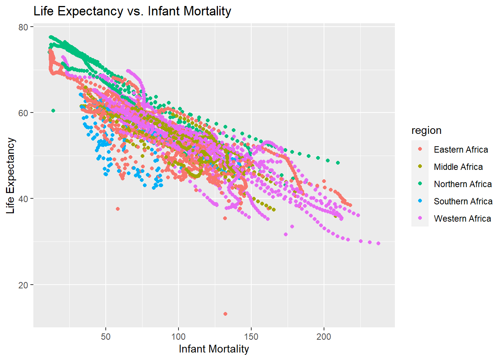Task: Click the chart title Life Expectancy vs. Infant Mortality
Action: click(x=132, y=11)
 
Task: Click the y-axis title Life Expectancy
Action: click(x=10, y=175)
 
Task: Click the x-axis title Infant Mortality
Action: click(x=214, y=349)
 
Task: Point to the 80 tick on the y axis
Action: click(x=23, y=27)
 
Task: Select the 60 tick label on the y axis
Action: click(x=23, y=113)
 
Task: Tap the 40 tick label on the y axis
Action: click(x=23, y=199)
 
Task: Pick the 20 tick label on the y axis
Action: click(x=23, y=285)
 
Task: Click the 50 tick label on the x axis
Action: click(x=106, y=336)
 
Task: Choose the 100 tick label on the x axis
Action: click(x=178, y=336)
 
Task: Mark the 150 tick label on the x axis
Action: click(x=251, y=336)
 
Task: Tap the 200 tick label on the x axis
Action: click(x=324, y=336)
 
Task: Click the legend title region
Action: click(x=426, y=130)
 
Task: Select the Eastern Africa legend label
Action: click(x=461, y=150)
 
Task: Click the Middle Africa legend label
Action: click(x=458, y=167)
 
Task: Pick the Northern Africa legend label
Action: click(x=463, y=184)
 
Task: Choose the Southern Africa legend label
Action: click(x=463, y=201)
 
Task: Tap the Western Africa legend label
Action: click(x=462, y=219)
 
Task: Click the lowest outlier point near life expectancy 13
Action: click(x=225, y=314)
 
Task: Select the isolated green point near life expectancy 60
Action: click(x=53, y=111)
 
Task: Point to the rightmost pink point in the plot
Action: click(x=378, y=243)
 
